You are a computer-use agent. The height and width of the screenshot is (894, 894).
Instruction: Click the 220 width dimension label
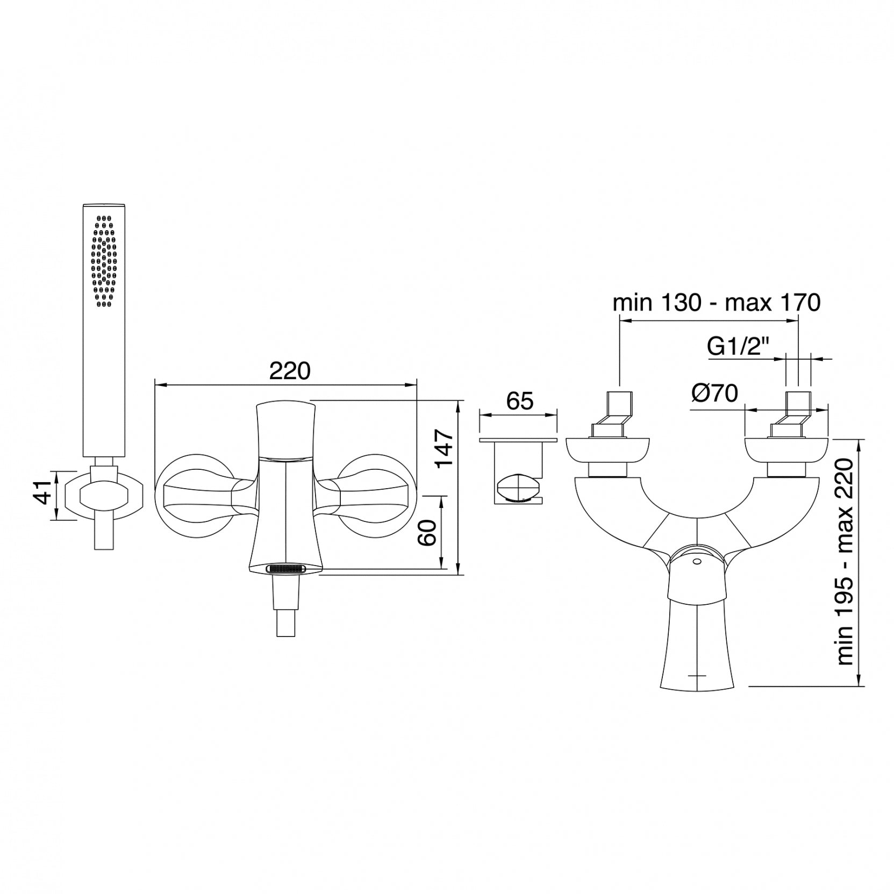tap(290, 371)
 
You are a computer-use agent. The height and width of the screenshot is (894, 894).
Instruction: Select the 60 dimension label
tap(428, 532)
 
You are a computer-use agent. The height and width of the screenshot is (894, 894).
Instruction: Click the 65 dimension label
tap(519, 401)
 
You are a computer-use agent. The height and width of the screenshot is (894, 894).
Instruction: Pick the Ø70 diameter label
tap(715, 394)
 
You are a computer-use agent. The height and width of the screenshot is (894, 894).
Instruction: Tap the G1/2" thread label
tap(739, 347)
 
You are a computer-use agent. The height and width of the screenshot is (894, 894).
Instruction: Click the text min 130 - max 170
tap(717, 303)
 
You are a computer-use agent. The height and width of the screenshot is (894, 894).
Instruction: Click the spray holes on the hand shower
tap(104, 261)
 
